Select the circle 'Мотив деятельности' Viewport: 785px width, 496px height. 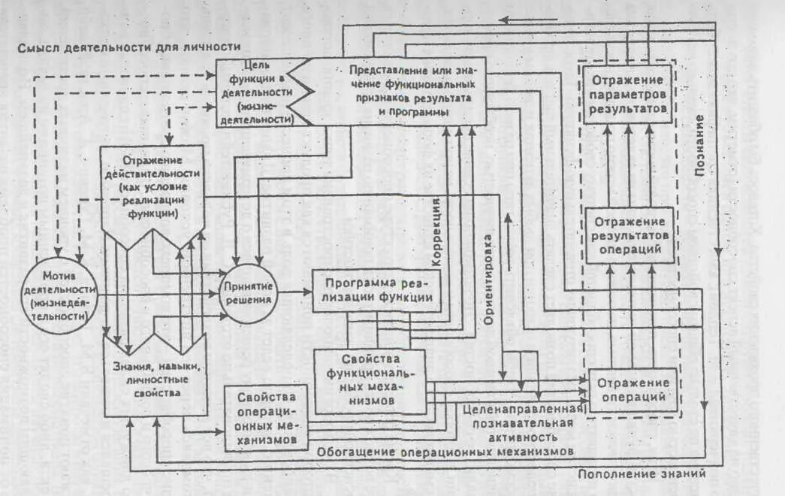(61, 293)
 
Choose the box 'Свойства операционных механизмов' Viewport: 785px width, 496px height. (267, 417)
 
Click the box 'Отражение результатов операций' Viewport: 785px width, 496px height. (628, 235)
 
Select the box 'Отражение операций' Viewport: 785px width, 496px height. (629, 390)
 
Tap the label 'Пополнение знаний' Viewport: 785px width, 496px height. (642, 474)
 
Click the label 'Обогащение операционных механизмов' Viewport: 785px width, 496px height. (445, 451)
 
